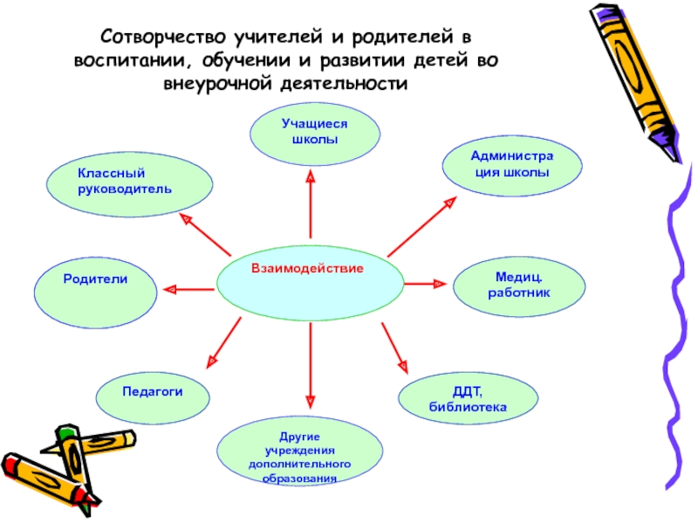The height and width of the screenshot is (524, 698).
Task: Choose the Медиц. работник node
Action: pos(519,286)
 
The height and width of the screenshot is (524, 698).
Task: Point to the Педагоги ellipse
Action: pos(153,394)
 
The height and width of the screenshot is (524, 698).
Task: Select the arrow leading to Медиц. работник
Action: pos(426,284)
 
